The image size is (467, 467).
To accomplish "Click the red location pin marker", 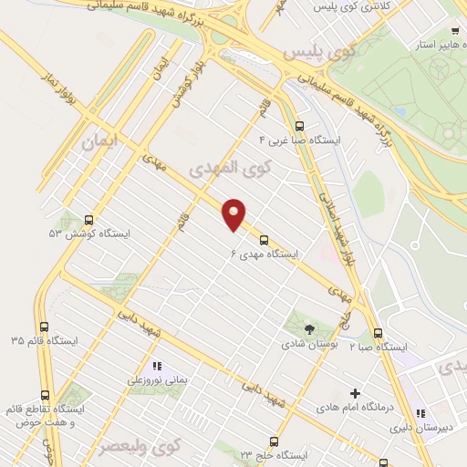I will [x=234, y=214].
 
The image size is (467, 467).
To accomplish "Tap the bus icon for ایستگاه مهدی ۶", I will [x=264, y=240].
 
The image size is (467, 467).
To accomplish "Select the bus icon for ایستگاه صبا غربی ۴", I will [x=299, y=126].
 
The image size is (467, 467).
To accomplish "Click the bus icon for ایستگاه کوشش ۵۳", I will [x=88, y=220].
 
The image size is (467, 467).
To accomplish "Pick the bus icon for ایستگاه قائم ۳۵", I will [x=44, y=327].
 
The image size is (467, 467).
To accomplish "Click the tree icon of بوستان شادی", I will [x=308, y=329].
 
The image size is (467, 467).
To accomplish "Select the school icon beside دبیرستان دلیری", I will [x=420, y=412].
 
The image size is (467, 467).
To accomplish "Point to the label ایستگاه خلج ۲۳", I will [x=270, y=453].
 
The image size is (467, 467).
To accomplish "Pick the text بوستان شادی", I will [x=307, y=344].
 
